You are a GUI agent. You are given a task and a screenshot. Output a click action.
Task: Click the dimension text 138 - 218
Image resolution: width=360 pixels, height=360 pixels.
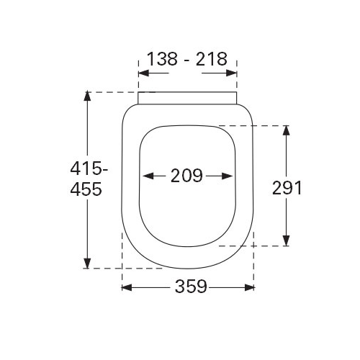187,60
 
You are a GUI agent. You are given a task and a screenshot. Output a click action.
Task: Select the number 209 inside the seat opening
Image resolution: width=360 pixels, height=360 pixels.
187,175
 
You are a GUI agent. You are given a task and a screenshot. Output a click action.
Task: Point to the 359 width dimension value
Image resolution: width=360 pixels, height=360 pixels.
190,287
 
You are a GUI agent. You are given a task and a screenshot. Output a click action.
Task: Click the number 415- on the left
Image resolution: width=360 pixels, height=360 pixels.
90,170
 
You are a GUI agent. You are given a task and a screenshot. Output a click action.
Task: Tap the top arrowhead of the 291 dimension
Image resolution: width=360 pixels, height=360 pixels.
287,130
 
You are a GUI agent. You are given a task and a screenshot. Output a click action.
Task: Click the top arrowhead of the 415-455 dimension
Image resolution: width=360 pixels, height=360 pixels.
87,96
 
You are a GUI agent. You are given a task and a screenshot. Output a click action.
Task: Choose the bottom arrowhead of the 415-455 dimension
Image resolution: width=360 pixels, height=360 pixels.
87,264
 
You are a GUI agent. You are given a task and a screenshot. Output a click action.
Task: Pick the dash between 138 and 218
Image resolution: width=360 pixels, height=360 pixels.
186,60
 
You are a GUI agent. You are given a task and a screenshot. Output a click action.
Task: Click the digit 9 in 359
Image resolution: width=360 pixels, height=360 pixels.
202,287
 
